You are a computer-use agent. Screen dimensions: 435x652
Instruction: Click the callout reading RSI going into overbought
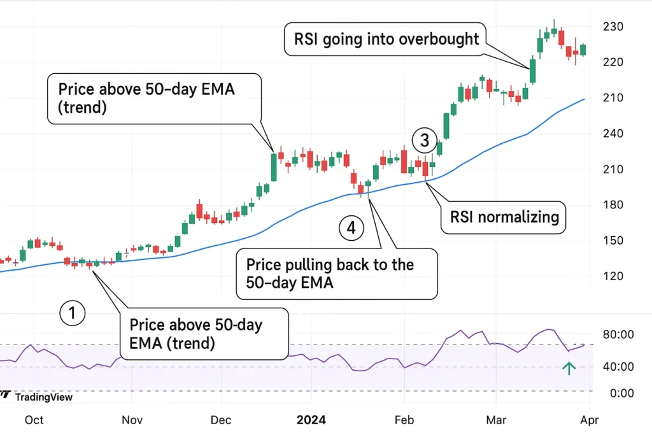(x=386, y=39)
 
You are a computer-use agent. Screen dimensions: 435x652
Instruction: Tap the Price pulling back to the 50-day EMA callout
(x=336, y=274)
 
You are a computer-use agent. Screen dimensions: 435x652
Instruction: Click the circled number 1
(x=72, y=313)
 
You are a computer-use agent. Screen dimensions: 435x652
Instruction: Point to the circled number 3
(x=425, y=139)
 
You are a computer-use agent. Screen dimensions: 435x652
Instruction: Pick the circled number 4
(x=351, y=228)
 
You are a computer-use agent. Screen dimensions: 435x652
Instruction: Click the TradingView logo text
(x=43, y=397)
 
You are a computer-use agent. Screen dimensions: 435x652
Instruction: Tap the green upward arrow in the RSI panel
(x=569, y=367)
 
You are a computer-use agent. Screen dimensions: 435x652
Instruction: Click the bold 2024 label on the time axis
(x=312, y=420)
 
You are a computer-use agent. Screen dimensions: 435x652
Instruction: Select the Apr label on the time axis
(x=590, y=420)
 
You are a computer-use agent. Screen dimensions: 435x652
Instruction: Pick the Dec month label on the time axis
(x=221, y=420)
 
